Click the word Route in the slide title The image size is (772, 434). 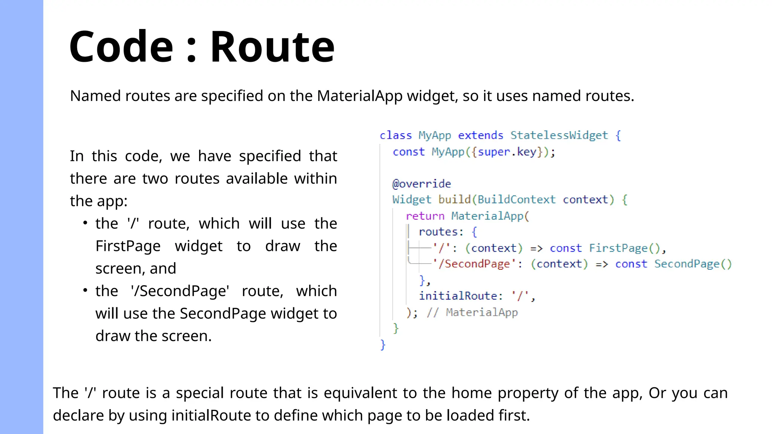272,47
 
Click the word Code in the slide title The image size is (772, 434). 121,47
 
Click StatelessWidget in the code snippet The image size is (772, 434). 559,135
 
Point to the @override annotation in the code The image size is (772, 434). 421,184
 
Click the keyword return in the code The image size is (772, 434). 425,216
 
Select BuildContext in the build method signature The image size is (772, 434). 516,200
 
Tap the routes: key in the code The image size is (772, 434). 441,232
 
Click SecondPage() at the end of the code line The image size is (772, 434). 693,264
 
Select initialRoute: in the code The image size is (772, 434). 461,296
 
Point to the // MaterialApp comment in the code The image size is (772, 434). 472,312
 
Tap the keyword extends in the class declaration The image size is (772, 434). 481,135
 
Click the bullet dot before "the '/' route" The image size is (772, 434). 86,223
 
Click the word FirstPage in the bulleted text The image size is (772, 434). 128,246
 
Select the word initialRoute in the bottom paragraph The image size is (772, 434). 211,415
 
